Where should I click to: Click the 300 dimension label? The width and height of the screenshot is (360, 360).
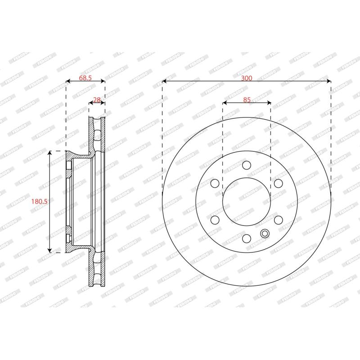click(x=246, y=78)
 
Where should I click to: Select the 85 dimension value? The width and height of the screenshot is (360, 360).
click(x=247, y=100)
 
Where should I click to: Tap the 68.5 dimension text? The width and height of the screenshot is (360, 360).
click(x=85, y=78)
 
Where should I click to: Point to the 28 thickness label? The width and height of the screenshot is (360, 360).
click(x=97, y=99)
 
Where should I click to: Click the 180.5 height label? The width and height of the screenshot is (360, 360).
click(x=39, y=202)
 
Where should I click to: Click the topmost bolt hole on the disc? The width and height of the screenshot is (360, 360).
click(x=247, y=165)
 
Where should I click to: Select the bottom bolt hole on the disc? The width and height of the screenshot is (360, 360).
click(x=247, y=238)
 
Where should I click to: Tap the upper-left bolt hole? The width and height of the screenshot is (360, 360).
click(x=215, y=183)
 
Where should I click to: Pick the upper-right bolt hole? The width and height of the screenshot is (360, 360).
click(x=279, y=183)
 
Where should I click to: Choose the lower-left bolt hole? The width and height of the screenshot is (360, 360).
click(x=215, y=220)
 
